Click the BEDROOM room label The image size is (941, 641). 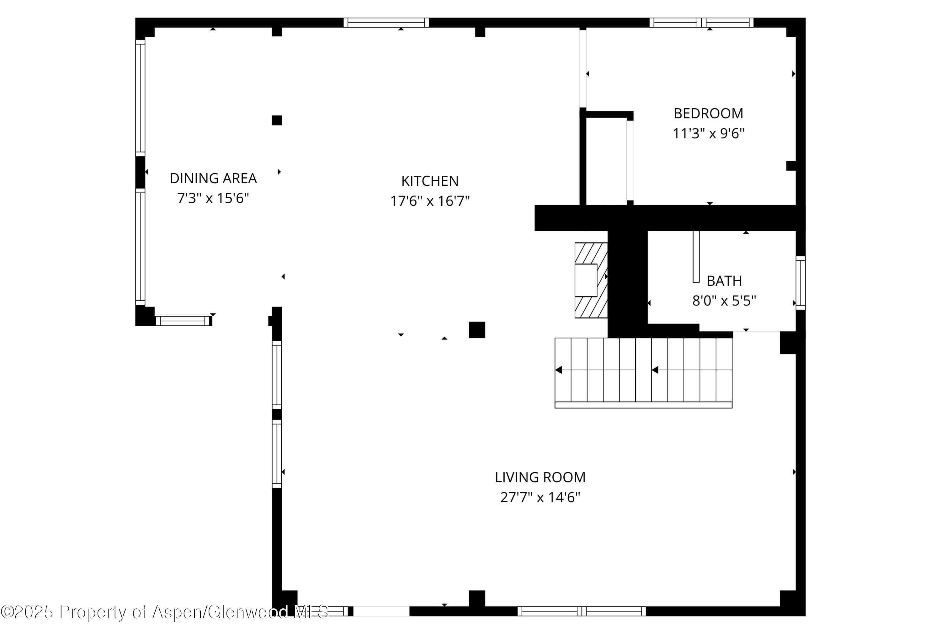(x=708, y=113)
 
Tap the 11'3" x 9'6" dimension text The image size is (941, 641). (x=708, y=133)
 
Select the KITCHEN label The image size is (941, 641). (x=430, y=181)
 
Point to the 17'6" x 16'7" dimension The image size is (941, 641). (x=430, y=201)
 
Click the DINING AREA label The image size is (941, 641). (x=213, y=178)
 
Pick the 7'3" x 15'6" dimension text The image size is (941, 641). (x=213, y=198)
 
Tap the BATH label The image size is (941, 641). (x=724, y=280)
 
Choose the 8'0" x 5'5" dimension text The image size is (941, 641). (x=724, y=301)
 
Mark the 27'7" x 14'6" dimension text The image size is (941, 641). (x=540, y=497)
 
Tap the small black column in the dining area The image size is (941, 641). (x=277, y=120)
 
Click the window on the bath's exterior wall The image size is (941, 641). (x=800, y=283)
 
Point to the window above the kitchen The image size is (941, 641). (x=386, y=23)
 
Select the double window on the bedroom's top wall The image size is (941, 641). (x=701, y=23)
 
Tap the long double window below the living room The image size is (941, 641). (x=582, y=611)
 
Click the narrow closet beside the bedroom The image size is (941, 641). (x=606, y=162)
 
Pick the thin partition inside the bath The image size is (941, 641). (x=696, y=256)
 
